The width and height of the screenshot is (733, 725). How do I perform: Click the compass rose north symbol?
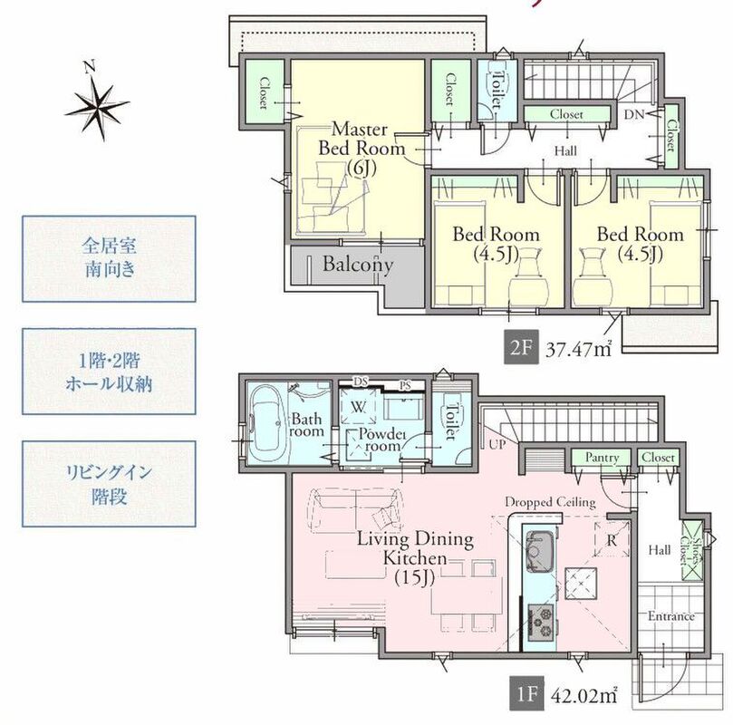[97, 104]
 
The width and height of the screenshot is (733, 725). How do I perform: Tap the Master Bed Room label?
[362, 149]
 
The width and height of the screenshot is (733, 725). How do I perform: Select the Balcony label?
[358, 265]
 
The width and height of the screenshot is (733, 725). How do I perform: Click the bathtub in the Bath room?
[266, 423]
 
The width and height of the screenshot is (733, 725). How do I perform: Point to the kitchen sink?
[540, 551]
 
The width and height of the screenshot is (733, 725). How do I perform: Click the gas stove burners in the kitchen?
[541, 623]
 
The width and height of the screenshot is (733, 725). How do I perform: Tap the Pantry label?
[602, 457]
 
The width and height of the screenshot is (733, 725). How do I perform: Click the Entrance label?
[670, 616]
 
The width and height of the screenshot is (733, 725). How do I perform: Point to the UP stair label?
[497, 443]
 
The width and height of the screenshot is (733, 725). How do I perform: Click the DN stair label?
[634, 114]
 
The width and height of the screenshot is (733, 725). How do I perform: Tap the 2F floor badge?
[521, 347]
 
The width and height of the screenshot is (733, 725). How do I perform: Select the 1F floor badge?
[526, 694]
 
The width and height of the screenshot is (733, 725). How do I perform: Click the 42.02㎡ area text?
[584, 696]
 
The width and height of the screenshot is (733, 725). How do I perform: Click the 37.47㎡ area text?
[579, 349]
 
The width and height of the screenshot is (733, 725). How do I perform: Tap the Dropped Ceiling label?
[550, 502]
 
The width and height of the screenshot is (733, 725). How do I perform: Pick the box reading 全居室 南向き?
[109, 258]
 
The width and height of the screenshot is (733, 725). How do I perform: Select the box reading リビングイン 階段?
[109, 484]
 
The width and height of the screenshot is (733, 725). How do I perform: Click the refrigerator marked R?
[612, 539]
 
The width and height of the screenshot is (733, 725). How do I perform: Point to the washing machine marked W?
[359, 407]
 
